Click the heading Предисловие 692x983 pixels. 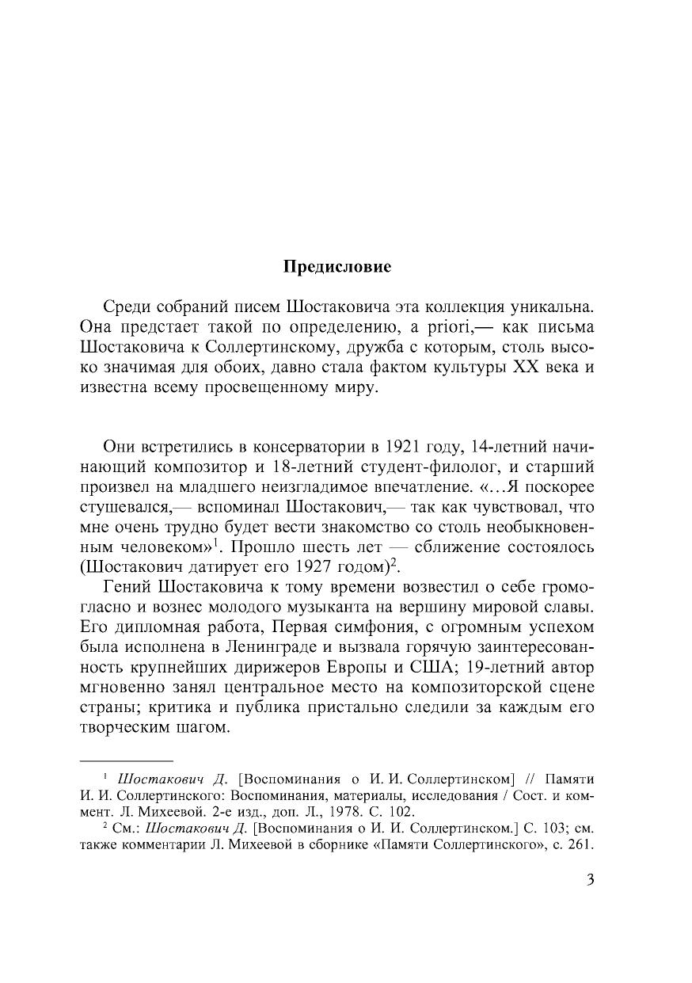click(337, 267)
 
